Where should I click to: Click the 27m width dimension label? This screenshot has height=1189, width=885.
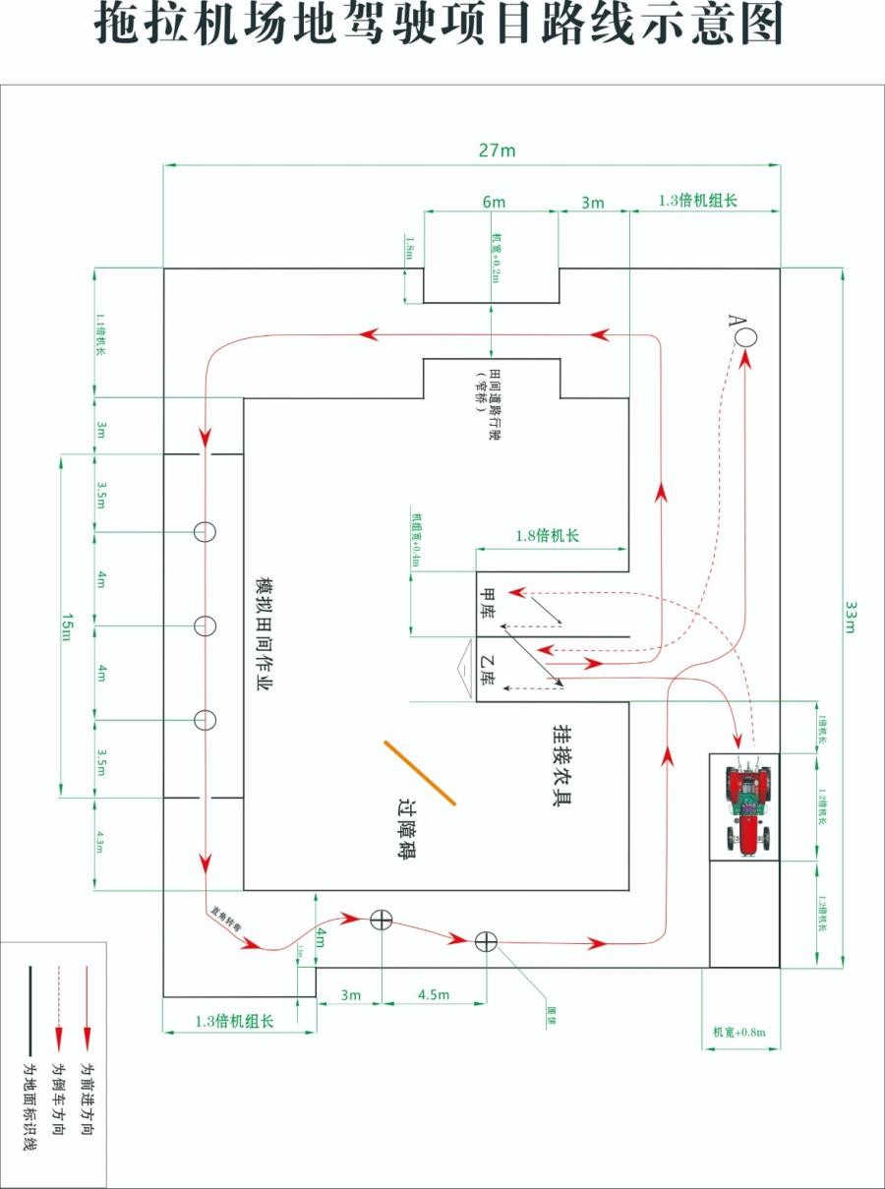pos(496,150)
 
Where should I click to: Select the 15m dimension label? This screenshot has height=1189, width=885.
pos(68,625)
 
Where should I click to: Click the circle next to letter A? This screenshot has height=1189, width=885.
pos(746,334)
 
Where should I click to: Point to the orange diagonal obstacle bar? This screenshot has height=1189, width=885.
pos(420,773)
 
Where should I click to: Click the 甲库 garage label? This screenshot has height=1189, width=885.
pos(487,602)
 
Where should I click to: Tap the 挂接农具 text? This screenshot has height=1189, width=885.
pos(560,765)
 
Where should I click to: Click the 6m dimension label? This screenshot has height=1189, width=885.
pos(494,203)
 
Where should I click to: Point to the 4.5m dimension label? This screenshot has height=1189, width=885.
pos(434,994)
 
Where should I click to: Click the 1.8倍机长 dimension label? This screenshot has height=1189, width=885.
pos(547,536)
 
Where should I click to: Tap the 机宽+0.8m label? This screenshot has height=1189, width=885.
pos(738,1032)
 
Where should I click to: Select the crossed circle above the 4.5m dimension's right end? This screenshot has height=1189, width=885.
pos(485,941)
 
